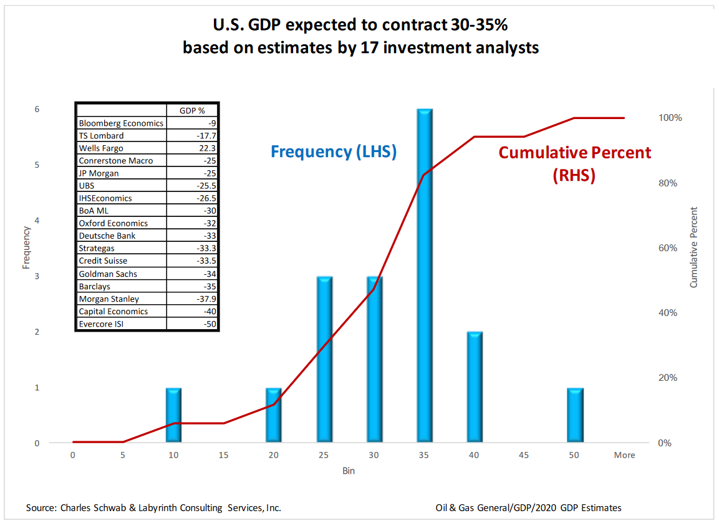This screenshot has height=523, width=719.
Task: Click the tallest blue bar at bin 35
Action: coord(425,276)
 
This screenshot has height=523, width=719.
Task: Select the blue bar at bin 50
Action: coord(575,415)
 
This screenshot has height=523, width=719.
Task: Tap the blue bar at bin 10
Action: coord(173,415)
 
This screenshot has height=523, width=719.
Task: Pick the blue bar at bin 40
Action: coord(475,387)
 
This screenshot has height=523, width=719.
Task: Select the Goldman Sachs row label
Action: coord(108,274)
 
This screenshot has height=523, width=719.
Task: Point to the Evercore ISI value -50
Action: coord(210,324)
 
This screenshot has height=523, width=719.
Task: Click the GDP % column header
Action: coord(192,110)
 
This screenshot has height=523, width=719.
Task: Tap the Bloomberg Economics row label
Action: coord(121,123)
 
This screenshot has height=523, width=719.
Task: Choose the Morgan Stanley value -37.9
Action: coord(206,299)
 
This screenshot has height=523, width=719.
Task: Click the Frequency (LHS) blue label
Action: coord(334,151)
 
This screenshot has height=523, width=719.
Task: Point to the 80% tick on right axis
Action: coord(668,183)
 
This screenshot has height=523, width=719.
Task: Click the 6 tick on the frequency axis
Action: coord(37,109)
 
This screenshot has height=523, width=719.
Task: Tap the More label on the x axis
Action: coord(625,455)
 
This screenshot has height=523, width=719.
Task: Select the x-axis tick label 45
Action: coord(524,455)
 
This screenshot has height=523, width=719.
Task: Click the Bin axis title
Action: coord(349,471)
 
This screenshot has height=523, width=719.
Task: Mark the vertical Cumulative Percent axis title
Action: coord(693,247)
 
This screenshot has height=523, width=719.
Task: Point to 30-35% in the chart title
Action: coord(479,25)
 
